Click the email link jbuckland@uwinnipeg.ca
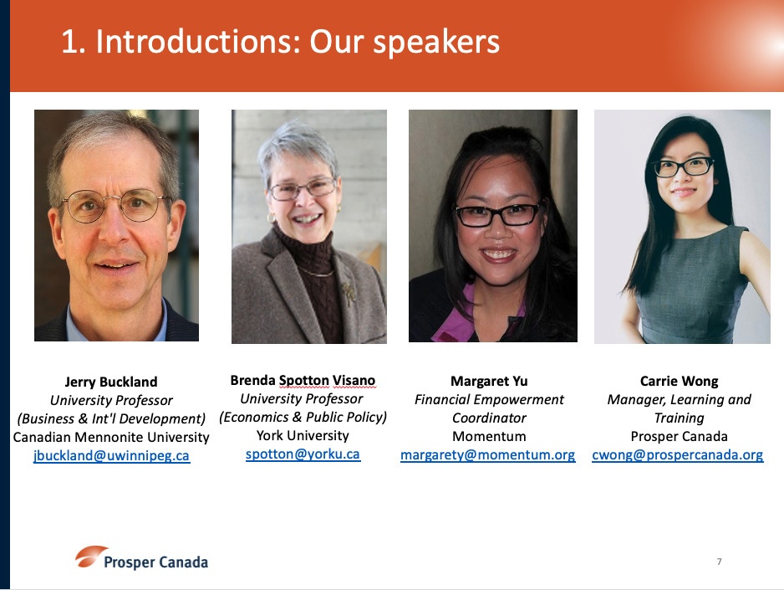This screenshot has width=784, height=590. pyautogui.click(x=111, y=456)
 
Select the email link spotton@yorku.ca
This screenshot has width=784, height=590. pyautogui.click(x=303, y=454)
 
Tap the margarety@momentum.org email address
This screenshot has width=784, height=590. pyautogui.click(x=488, y=455)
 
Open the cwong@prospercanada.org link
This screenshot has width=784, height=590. pyautogui.click(x=678, y=455)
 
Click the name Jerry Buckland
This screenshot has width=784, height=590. pyautogui.click(x=111, y=382)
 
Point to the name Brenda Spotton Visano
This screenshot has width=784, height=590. pyautogui.click(x=303, y=380)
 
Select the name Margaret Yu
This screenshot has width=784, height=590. pyautogui.click(x=489, y=382)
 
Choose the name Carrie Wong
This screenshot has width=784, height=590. pyautogui.click(x=679, y=382)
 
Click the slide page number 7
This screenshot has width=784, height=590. pyautogui.click(x=719, y=562)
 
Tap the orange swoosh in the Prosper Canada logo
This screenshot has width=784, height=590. pyautogui.click(x=90, y=556)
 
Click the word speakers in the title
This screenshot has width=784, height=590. pyautogui.click(x=436, y=42)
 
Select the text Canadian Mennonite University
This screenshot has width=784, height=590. pyautogui.click(x=111, y=438)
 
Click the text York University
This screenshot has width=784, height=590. pyautogui.click(x=303, y=436)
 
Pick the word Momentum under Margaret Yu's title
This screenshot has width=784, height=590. pyautogui.click(x=489, y=436)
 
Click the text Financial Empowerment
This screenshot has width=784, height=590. pyautogui.click(x=489, y=400)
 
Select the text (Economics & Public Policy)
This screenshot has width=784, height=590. pyautogui.click(x=303, y=418)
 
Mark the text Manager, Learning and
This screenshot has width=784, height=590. pyautogui.click(x=679, y=400)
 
